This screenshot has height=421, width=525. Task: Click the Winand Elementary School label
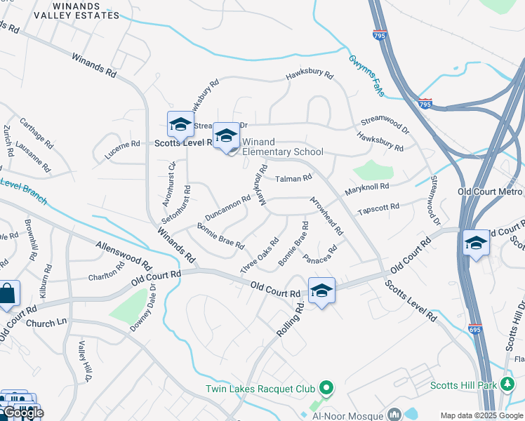click(x=282, y=147)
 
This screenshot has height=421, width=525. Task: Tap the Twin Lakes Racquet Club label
click(x=261, y=389)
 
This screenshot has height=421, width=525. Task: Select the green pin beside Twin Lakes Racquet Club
click(x=325, y=387)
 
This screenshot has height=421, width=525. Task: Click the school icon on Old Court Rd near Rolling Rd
click(x=321, y=290)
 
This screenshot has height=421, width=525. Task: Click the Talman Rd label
click(x=293, y=179)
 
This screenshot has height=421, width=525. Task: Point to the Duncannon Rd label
click(x=227, y=206)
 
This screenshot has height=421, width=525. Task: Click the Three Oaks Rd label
click(x=259, y=257)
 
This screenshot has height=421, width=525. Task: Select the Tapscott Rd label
click(x=378, y=208)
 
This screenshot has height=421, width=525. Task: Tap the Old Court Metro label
click(x=489, y=192)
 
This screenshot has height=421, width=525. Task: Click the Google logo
click(x=22, y=413)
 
